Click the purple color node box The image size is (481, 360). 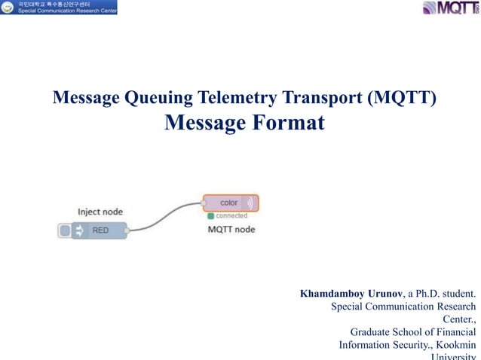(230, 203)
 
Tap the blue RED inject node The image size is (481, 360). (100, 231)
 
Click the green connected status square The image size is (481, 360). (210, 215)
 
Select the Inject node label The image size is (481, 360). (100, 212)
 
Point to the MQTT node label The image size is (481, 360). (231, 229)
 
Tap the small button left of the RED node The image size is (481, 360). (65, 231)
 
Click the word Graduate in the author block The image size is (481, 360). (375, 331)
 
